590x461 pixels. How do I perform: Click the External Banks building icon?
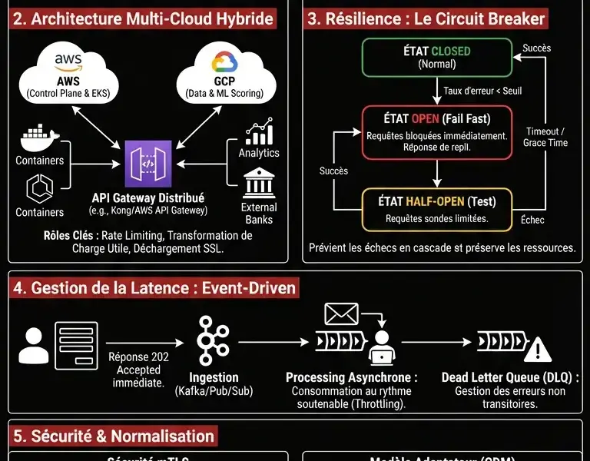259,185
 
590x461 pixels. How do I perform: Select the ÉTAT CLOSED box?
437,58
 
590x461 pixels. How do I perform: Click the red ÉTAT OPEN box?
436,132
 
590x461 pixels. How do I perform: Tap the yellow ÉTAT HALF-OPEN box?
436,209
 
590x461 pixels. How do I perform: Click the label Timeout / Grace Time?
545,137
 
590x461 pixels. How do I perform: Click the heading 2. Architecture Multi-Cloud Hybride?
144,18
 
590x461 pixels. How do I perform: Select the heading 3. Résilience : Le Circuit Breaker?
426,18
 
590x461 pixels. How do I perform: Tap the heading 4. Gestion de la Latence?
154,288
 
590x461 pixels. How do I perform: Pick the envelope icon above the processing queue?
341,313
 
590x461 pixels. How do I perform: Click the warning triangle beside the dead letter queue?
542,350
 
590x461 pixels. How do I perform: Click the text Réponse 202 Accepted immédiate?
138,369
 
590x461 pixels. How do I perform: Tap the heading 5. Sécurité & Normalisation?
114,436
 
